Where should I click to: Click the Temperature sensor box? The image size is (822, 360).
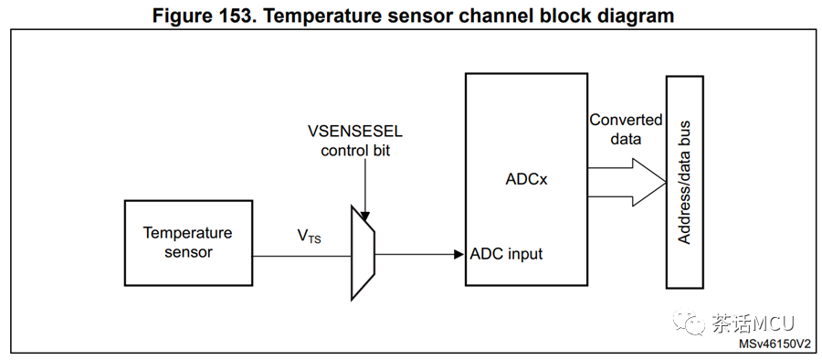[x=188, y=243]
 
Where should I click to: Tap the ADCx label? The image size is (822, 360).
[x=526, y=179]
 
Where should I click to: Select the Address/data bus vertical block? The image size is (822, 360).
[x=684, y=182]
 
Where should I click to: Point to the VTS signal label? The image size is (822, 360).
[x=310, y=238]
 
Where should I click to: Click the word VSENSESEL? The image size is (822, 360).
[x=355, y=131]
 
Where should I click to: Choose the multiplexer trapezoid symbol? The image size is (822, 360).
[x=363, y=253]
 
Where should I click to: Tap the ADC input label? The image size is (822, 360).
[x=506, y=254]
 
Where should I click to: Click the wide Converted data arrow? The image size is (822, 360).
[x=627, y=182]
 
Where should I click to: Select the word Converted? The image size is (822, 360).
[x=626, y=121]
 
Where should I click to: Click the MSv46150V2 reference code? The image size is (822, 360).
[x=778, y=344]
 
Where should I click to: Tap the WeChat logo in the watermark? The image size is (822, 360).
[x=689, y=321]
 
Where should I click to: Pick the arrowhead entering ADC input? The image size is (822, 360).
[x=458, y=255]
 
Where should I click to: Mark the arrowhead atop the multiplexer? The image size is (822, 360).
[x=365, y=217]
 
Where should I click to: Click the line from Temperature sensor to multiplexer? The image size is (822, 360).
[x=302, y=256]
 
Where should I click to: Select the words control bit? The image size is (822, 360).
[x=355, y=151]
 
